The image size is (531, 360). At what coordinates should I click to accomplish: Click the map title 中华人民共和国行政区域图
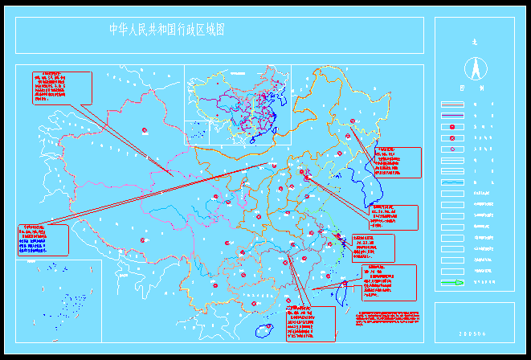click(x=166, y=30)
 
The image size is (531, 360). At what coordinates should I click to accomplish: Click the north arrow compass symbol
click(x=474, y=67)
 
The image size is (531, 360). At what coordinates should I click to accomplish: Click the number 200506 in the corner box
click(x=473, y=333)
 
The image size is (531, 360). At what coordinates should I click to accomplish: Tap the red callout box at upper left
click(x=61, y=88)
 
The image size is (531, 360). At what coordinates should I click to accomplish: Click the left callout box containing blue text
click(x=43, y=240)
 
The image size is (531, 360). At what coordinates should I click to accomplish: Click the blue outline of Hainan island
click(x=263, y=329)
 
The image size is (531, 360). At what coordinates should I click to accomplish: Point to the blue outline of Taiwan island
click(x=338, y=295)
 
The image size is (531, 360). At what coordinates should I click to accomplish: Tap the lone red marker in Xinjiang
click(x=145, y=130)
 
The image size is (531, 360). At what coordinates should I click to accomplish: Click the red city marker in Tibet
click(x=144, y=239)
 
